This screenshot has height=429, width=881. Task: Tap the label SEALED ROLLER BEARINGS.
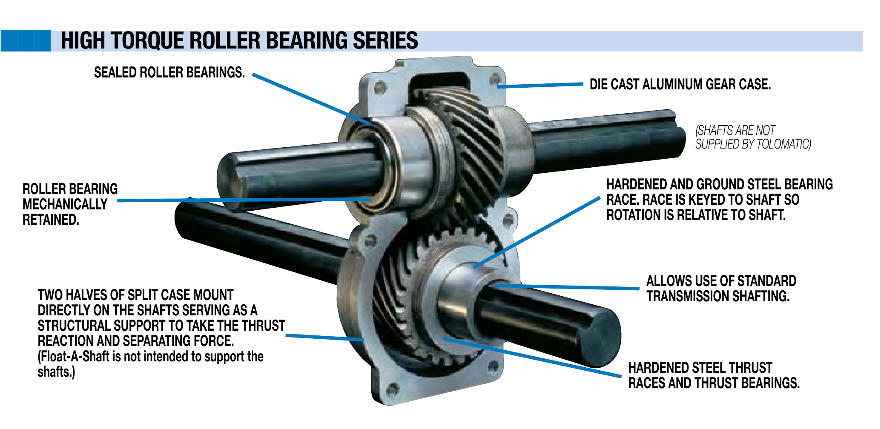pos(169,73)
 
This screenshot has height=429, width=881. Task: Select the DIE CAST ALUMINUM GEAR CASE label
pos(680,85)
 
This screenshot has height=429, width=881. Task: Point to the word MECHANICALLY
pos(65,205)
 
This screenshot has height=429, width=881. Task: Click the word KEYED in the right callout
pos(706,200)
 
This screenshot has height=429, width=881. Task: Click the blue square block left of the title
pos(26,41)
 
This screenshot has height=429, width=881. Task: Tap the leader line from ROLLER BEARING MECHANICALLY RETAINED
pos(243,200)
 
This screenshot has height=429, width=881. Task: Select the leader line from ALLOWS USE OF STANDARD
pos(566,287)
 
